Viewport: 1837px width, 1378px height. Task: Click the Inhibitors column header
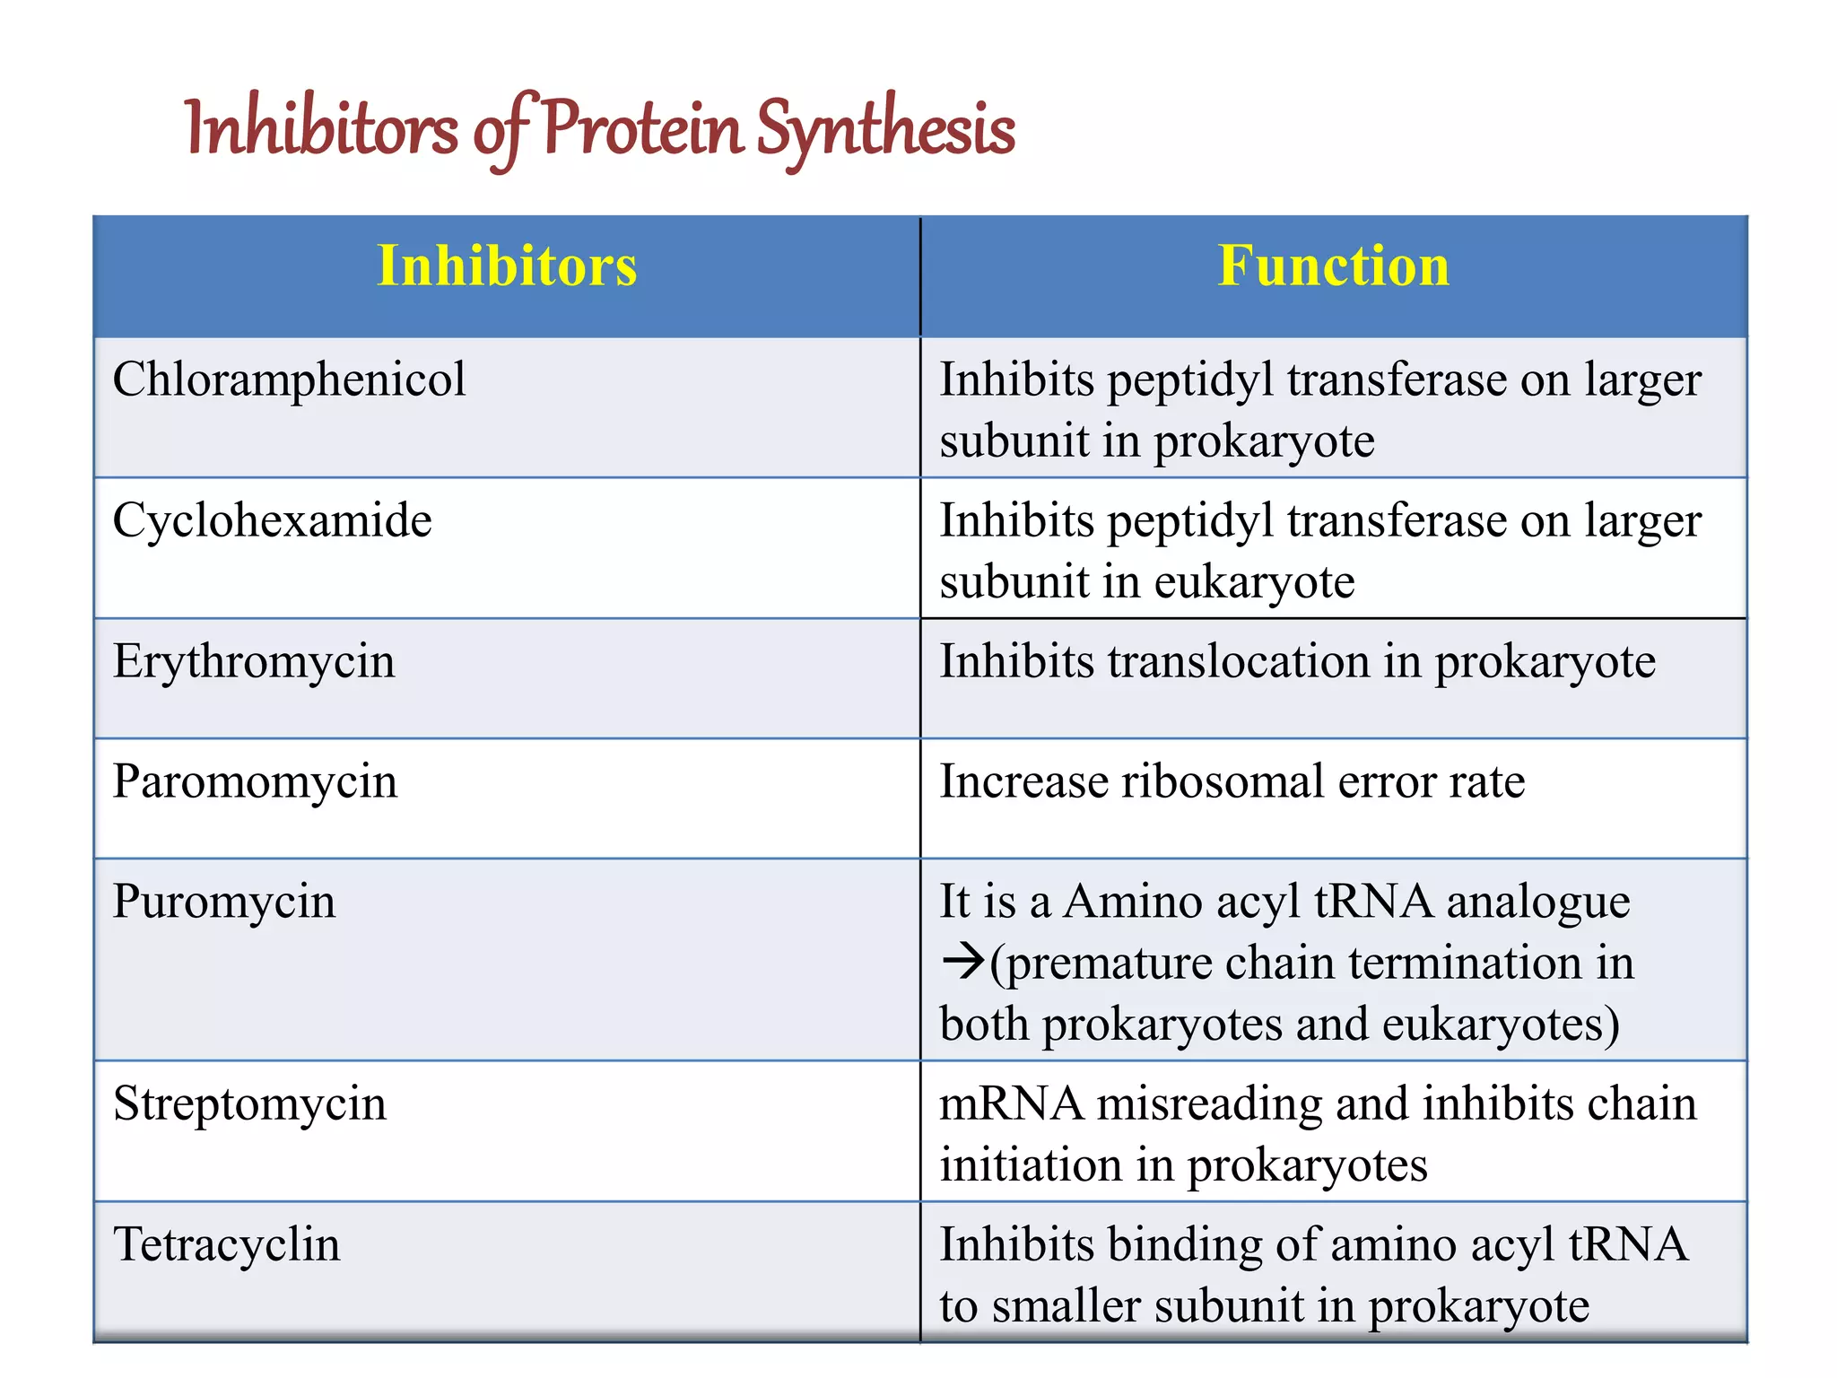pos(507,266)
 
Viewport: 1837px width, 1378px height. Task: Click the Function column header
pos(1333,266)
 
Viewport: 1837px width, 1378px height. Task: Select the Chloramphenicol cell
pos(289,379)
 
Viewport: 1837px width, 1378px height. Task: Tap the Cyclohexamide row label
pos(272,520)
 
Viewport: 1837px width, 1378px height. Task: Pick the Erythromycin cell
pos(254,662)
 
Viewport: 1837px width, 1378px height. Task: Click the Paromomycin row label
pos(255,781)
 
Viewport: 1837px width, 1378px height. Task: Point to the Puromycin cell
pos(224,902)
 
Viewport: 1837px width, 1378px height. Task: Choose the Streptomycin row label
pos(249,1103)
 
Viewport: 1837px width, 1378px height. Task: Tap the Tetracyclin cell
pos(227,1245)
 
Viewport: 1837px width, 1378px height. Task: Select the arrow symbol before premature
pos(963,963)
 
